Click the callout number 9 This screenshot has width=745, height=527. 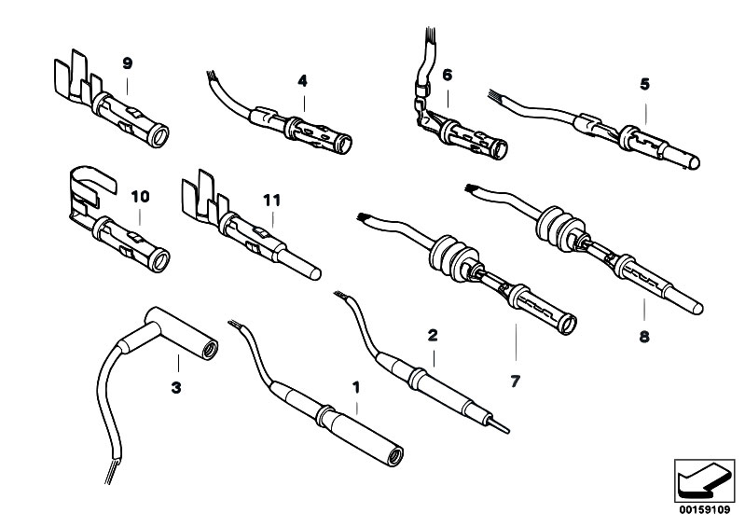pyautogui.click(x=128, y=62)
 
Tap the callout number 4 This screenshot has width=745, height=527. pyautogui.click(x=302, y=81)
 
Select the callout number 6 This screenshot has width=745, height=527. pyautogui.click(x=447, y=74)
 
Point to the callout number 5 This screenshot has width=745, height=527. pyautogui.click(x=644, y=83)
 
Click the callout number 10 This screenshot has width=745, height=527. pyautogui.click(x=140, y=197)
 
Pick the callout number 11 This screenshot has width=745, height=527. pyautogui.click(x=271, y=199)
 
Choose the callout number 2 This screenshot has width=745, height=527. pyautogui.click(x=432, y=333)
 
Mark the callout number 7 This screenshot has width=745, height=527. pyautogui.click(x=515, y=380)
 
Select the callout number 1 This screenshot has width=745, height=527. pyautogui.click(x=354, y=384)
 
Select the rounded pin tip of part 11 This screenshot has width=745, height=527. pyautogui.click(x=316, y=273)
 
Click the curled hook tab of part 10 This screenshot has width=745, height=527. pyautogui.click(x=90, y=178)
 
